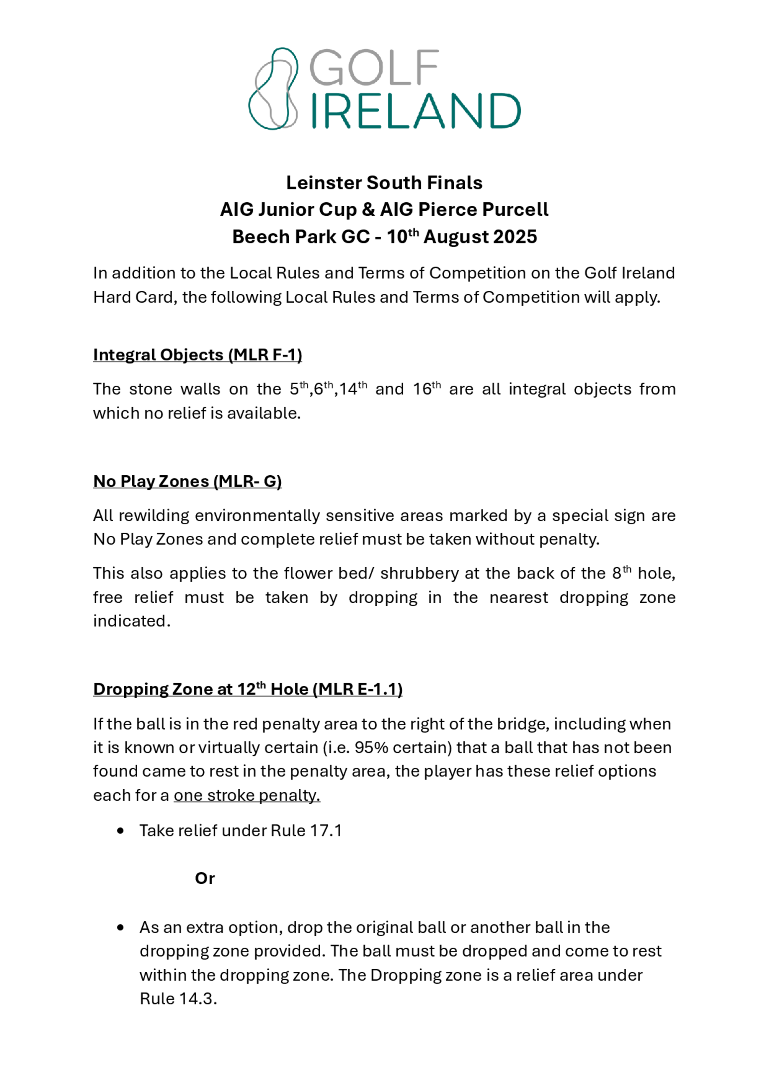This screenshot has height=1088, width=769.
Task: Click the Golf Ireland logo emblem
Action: coord(273,88)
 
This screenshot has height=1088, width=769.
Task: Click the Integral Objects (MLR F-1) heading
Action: coord(197,355)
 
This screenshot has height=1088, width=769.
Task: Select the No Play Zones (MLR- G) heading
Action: coord(187,482)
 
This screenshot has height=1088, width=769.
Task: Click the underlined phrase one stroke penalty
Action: coord(246,795)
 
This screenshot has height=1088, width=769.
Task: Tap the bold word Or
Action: coord(205,878)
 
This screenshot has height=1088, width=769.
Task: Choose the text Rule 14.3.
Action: coord(178,999)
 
